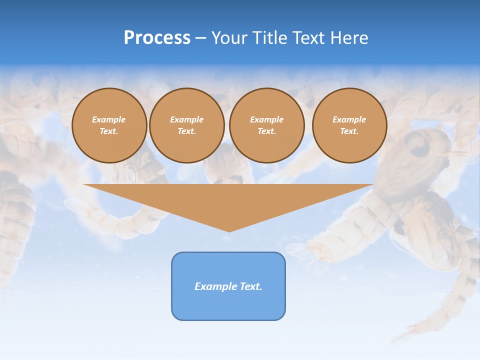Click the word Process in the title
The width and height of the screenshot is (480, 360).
pos(157,38)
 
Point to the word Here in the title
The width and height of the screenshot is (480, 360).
pos(349,38)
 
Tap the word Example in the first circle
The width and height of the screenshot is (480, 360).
pos(109,119)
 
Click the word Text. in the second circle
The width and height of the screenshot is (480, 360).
pos(187,131)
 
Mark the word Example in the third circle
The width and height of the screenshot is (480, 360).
pos(267,119)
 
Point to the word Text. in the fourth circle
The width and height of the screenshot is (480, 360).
pos(349,131)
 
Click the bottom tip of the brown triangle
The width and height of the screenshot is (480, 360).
pos(229,230)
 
